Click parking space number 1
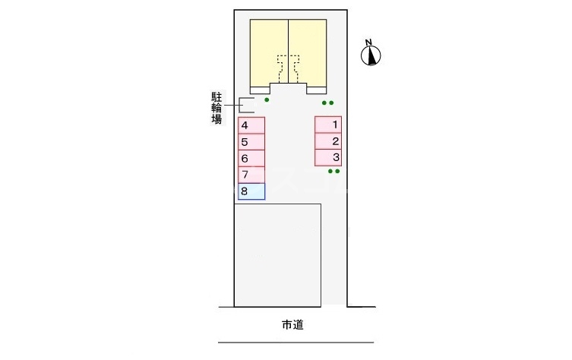(x=328, y=125)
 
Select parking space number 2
(x=328, y=141)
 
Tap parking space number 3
(x=328, y=158)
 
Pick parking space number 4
(x=251, y=125)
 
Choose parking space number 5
(x=251, y=142)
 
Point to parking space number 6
(x=251, y=159)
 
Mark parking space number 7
(x=251, y=175)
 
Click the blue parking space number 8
(x=251, y=191)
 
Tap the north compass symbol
(x=371, y=55)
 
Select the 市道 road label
(x=292, y=325)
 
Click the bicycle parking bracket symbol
(x=246, y=106)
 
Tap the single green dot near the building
(x=267, y=99)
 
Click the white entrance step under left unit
(x=260, y=89)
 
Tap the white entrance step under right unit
(x=316, y=89)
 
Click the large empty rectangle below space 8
(x=278, y=254)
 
